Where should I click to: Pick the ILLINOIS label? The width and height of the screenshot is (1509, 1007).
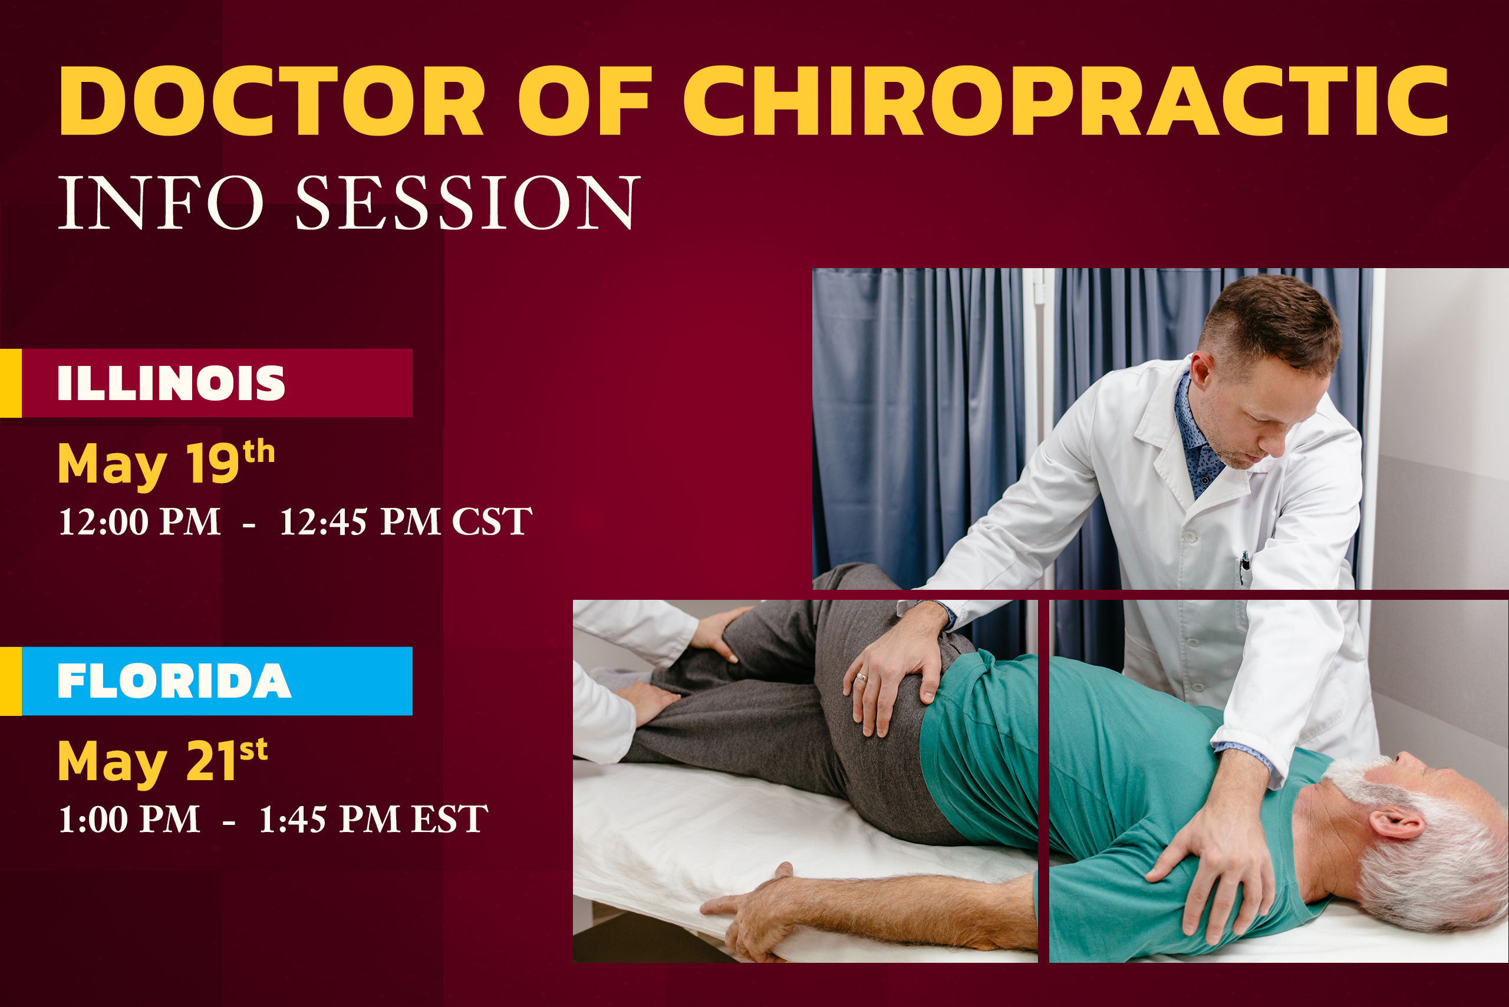171,384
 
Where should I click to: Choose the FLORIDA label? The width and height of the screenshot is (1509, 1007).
174,681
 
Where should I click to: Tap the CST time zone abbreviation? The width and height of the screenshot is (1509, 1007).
492,521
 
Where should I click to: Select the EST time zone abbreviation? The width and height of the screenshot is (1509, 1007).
450,819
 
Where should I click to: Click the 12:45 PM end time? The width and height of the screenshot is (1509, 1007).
360,521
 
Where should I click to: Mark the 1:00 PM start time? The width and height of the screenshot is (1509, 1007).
129,819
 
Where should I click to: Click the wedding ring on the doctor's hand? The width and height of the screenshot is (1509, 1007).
861,677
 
